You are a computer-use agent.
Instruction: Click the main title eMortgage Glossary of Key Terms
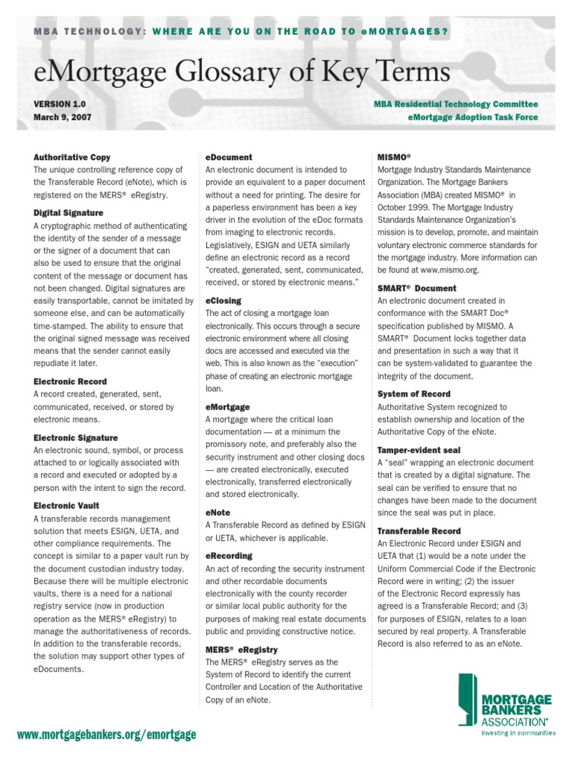pos(242,72)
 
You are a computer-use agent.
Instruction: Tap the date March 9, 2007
pos(64,118)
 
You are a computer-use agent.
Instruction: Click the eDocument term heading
pos(229,157)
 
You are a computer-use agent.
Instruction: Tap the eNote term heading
pos(217,513)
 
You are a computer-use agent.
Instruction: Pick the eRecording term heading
pos(229,556)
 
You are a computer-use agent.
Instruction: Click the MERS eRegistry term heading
pos(241,650)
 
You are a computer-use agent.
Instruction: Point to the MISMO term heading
pos(394,157)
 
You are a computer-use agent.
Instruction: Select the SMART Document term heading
pos(417,288)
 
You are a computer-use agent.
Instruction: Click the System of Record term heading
pos(413,394)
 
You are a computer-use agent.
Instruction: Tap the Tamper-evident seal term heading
pos(419,450)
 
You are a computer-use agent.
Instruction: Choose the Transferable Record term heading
pos(419,531)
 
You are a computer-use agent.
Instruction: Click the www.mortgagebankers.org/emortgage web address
pos(107,735)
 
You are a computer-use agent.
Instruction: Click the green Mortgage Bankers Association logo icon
pos(465,699)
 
